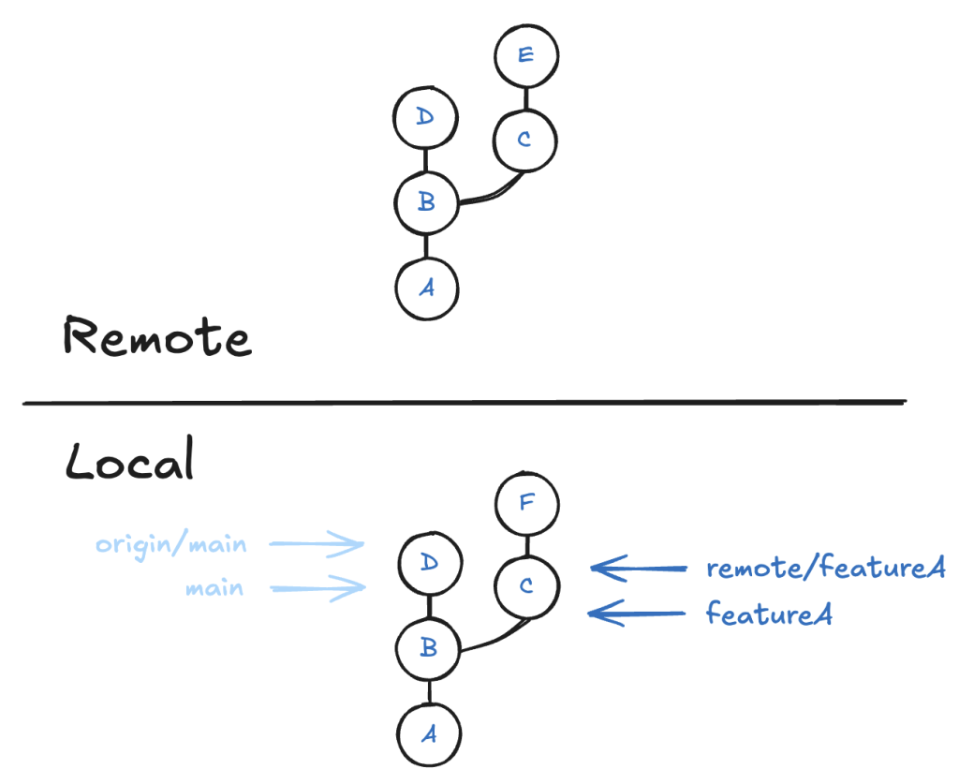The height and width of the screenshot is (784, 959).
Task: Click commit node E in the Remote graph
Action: pyautogui.click(x=525, y=55)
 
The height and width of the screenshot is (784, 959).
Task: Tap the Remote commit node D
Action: pyautogui.click(x=426, y=118)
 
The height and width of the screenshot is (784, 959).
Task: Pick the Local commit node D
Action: pyautogui.click(x=428, y=563)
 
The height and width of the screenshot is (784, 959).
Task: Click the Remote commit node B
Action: pyautogui.click(x=426, y=202)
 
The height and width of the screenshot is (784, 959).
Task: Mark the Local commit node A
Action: pyautogui.click(x=429, y=734)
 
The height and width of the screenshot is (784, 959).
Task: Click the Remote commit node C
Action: pyautogui.click(x=524, y=141)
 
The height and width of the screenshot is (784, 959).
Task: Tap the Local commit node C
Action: pyautogui.click(x=527, y=586)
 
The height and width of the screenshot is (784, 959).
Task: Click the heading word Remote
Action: pyautogui.click(x=157, y=338)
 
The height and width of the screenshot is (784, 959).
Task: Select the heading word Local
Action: pyautogui.click(x=129, y=462)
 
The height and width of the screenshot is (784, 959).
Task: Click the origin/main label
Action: pyautogui.click(x=170, y=544)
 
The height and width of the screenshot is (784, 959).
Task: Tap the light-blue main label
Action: pyautogui.click(x=214, y=588)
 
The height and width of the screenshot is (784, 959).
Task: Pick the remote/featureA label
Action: pyautogui.click(x=826, y=568)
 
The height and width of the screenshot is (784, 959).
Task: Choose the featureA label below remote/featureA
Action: pyautogui.click(x=769, y=614)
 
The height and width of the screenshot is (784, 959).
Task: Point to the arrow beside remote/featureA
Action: pyautogui.click(x=638, y=567)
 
